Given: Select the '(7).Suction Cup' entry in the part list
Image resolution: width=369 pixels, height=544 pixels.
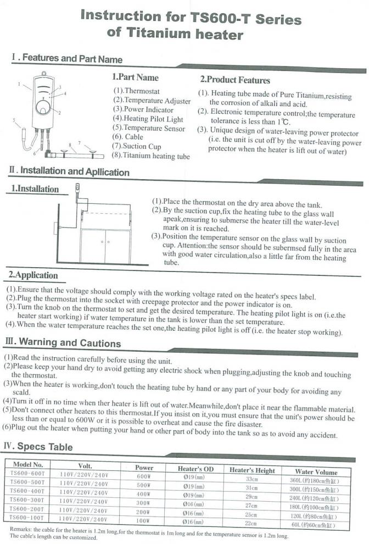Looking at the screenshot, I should click(137, 147).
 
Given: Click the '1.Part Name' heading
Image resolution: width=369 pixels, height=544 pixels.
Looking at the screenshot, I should click(135, 77).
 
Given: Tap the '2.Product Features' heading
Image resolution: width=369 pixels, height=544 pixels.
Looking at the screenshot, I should click(235, 80).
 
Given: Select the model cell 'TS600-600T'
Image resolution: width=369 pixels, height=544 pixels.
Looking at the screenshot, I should click(28, 473).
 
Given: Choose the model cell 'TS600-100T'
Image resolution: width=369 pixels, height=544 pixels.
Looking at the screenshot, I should click(28, 518).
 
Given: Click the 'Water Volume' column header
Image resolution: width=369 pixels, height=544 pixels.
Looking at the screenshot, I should click(316, 471).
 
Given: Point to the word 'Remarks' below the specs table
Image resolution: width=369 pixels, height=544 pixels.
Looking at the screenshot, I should click(24, 529).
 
